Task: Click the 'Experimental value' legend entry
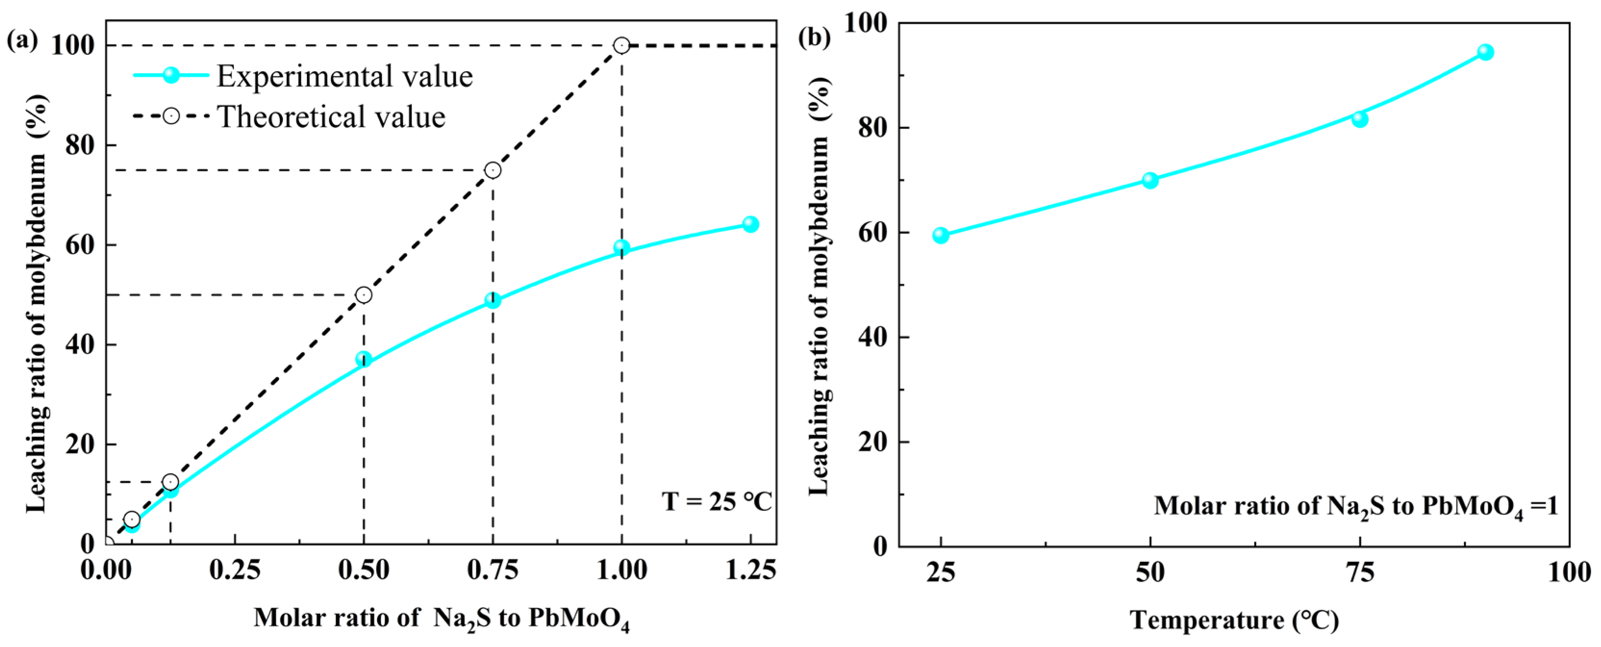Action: click(343, 76)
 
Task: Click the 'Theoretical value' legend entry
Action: click(330, 117)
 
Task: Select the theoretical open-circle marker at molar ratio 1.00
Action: click(622, 45)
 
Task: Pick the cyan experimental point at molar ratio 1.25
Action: click(750, 224)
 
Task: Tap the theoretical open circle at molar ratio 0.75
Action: click(493, 170)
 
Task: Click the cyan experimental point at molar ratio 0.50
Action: click(364, 359)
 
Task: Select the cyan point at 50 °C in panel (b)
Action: click(1150, 180)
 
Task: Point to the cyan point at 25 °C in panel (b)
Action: click(941, 235)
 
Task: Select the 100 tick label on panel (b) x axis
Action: click(1569, 572)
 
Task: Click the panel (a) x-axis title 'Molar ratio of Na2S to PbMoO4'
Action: click(441, 619)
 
